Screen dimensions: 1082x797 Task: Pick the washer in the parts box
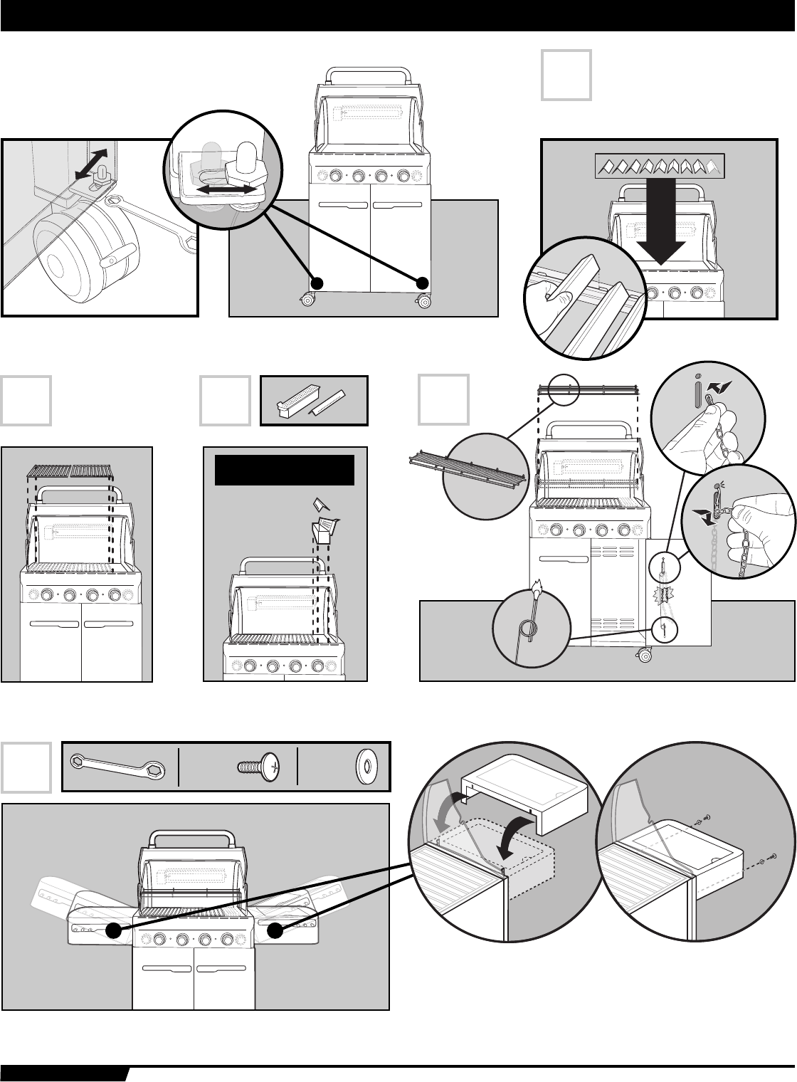click(x=366, y=767)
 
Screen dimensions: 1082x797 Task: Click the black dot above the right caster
click(x=422, y=282)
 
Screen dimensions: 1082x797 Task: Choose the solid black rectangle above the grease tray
click(x=285, y=470)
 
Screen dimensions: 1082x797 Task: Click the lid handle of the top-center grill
click(x=369, y=75)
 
